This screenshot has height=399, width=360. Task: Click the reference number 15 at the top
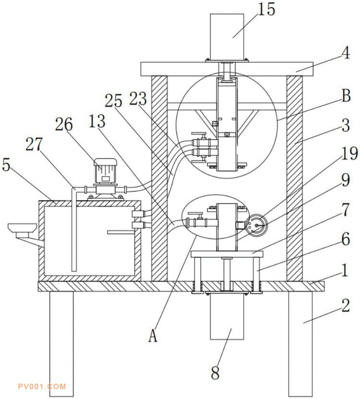266,10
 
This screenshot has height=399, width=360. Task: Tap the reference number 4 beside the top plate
346,53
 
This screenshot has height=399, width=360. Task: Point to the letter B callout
346,96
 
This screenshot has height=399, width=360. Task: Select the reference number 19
349,154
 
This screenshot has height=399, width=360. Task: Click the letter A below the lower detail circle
153,336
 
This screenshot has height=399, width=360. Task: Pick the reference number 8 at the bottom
215,373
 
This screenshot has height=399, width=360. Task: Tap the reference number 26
64,124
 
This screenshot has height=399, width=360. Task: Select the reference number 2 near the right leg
346,305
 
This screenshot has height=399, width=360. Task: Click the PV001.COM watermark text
42,387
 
